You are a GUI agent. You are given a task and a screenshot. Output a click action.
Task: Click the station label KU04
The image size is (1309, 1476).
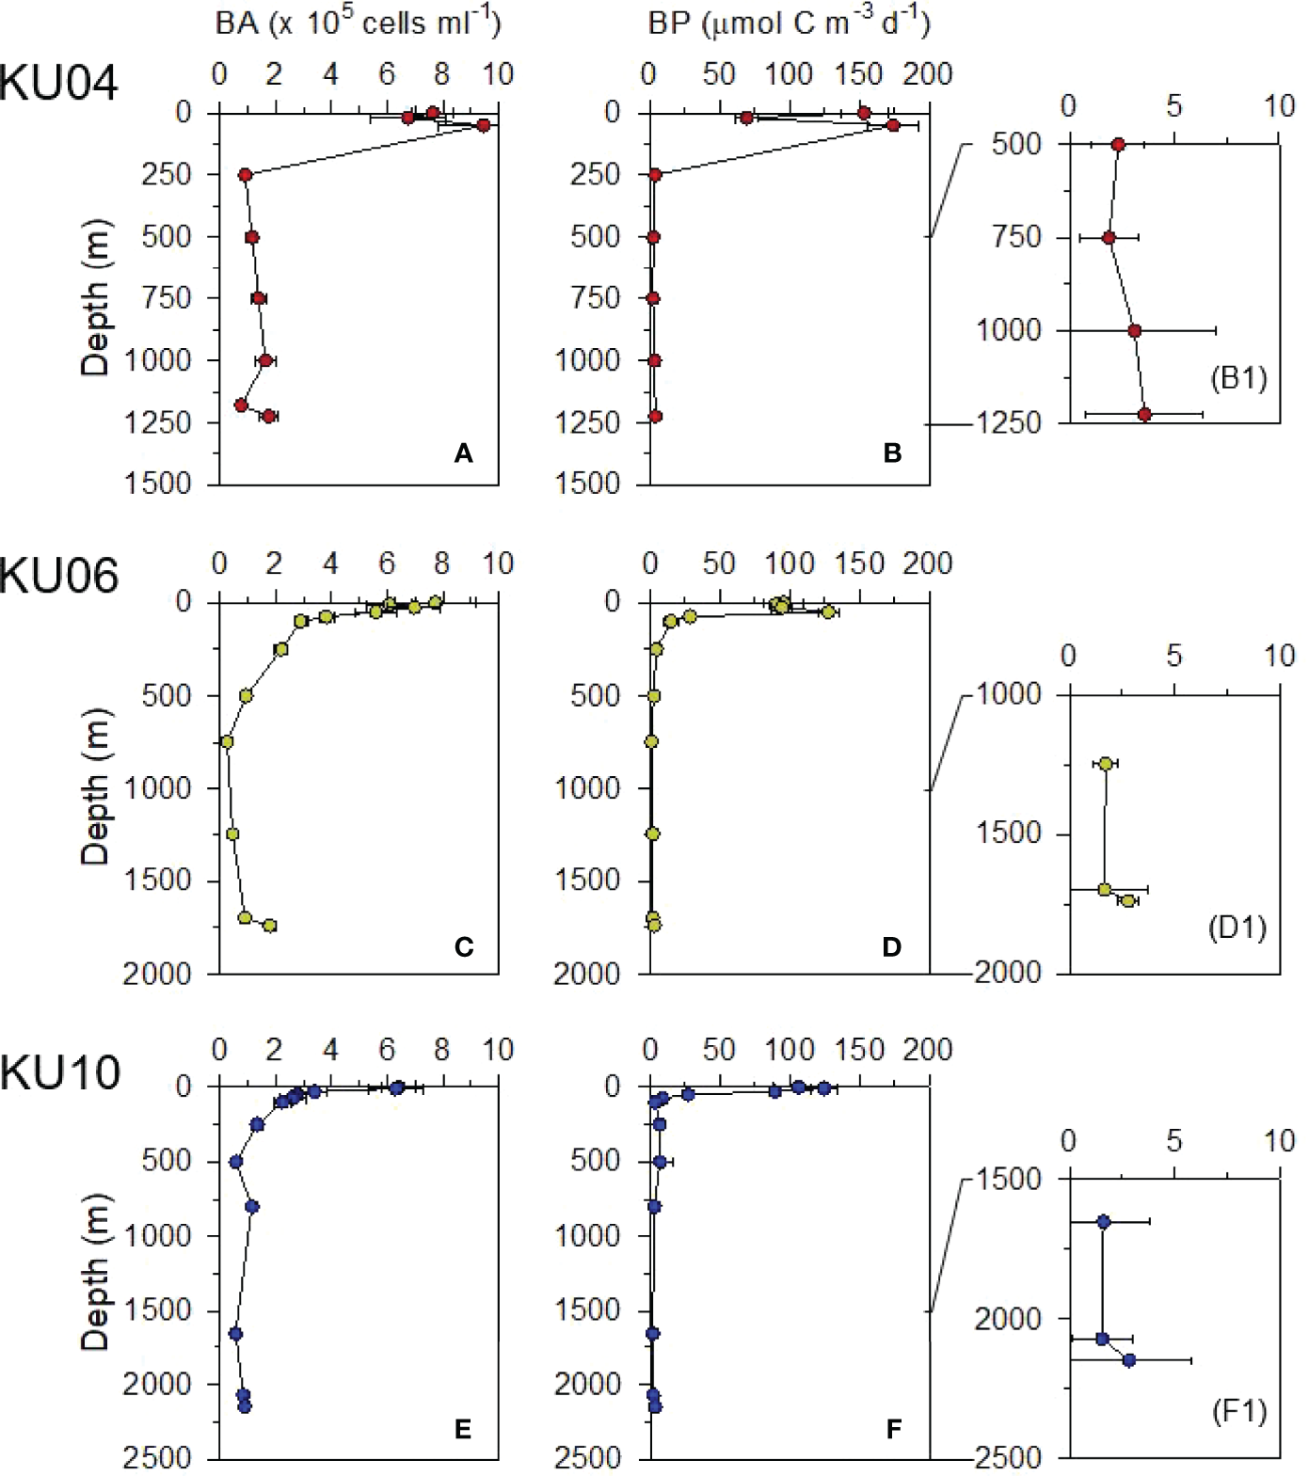pos(58,83)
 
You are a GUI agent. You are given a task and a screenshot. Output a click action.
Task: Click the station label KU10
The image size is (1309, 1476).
pos(59,1072)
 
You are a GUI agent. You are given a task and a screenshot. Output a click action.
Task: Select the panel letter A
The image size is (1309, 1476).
pos(463,454)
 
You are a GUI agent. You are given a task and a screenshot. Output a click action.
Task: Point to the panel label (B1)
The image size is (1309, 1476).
pos(1238,379)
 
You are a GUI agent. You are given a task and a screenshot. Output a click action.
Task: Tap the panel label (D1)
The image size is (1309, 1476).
pos(1237,928)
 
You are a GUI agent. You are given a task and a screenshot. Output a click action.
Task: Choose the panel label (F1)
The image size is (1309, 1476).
pos(1238,1411)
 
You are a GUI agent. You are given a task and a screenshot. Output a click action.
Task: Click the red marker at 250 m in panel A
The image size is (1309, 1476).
pos(245,175)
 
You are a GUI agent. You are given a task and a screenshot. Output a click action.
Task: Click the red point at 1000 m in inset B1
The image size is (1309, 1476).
pos(1135,331)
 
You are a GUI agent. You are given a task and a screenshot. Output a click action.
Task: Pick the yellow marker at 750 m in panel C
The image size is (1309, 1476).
pos(226,742)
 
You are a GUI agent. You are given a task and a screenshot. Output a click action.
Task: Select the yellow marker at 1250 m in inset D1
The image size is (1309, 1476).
pos(1106,764)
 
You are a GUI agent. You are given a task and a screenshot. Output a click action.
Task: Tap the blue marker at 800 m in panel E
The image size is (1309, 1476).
pos(251,1206)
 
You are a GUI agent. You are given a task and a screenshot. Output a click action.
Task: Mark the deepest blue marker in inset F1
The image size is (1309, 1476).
pos(1129,1360)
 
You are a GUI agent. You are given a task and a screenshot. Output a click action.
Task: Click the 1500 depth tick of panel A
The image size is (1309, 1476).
pos(166,484)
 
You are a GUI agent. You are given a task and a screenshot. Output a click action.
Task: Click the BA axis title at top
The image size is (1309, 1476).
pos(359,24)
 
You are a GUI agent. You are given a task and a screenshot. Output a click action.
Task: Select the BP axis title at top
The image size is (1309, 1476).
pos(789,24)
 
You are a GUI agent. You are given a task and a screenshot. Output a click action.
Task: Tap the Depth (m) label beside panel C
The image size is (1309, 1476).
pos(95,786)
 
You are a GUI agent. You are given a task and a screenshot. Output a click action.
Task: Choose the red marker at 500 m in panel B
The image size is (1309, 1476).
pos(653,237)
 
